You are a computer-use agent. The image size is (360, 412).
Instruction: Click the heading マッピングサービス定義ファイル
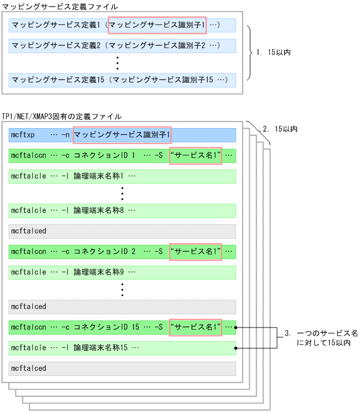pyautogui.click(x=60, y=6)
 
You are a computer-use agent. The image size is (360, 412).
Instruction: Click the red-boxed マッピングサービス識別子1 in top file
pyautogui.click(x=157, y=25)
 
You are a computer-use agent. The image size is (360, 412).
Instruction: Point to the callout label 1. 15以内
pyautogui.click(x=274, y=53)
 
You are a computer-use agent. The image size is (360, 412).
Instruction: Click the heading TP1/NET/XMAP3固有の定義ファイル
pyautogui.click(x=62, y=117)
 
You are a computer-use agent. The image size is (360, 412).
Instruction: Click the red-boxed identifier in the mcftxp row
pyautogui.click(x=122, y=135)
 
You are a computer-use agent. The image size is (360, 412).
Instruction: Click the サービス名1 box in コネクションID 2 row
pyautogui.click(x=195, y=251)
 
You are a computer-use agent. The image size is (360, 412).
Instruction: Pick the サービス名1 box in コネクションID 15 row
pyautogui.click(x=195, y=327)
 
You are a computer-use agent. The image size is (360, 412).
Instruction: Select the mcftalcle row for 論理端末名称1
pyautogui.click(x=122, y=176)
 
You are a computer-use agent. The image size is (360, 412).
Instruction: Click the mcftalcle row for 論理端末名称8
pyautogui.click(x=122, y=210)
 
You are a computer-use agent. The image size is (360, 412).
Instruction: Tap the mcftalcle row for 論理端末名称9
pyautogui.click(x=122, y=272)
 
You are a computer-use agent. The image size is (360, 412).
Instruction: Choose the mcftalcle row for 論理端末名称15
pyautogui.click(x=122, y=348)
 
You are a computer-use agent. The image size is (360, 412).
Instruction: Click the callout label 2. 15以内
pyautogui.click(x=280, y=129)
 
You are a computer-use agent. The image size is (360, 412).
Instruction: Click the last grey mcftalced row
pyautogui.click(x=122, y=368)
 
